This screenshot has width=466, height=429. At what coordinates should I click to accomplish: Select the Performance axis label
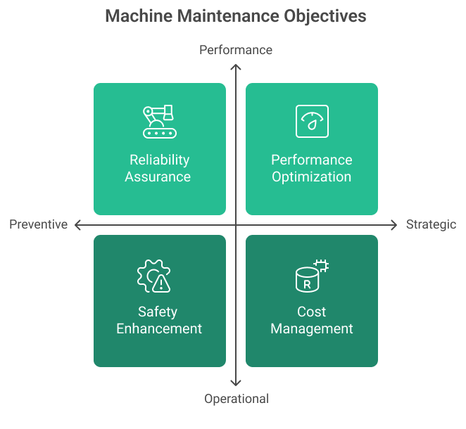point(236,50)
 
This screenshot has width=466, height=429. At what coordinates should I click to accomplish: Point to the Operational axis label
point(237,399)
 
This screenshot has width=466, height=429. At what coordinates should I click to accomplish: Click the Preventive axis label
point(39,224)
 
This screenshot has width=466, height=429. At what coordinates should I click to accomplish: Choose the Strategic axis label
point(432,224)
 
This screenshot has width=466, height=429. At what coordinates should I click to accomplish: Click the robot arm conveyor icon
point(159,121)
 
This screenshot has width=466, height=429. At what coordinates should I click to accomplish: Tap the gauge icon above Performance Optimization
point(312,121)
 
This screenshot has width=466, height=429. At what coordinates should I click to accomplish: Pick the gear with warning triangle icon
point(153,276)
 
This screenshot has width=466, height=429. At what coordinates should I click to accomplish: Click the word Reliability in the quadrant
point(159,160)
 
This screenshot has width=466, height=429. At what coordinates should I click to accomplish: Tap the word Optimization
point(312,177)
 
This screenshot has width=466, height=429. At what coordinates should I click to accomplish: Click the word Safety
point(158,312)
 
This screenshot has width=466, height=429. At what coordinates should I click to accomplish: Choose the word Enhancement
point(159,328)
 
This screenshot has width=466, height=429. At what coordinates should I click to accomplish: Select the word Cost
point(312,312)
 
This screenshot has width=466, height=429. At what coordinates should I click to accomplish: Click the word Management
point(312,328)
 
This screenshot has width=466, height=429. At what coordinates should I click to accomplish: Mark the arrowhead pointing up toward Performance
point(237,68)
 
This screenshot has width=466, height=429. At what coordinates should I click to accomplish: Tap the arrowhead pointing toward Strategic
point(395,224)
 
